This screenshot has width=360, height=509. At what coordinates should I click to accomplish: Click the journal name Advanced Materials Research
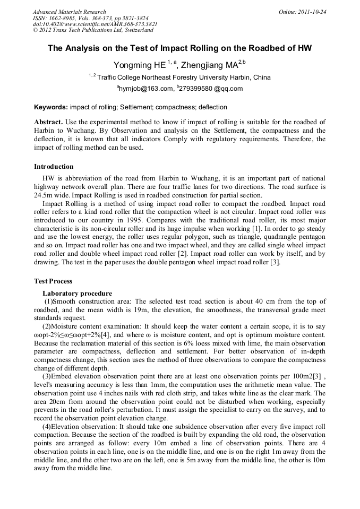click(x=69, y=12)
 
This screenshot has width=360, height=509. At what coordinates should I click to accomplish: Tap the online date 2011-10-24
click(x=311, y=12)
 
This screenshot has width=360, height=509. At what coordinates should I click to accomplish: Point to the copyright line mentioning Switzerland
click(x=93, y=30)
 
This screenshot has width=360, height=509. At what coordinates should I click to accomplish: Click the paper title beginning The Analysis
click(x=179, y=48)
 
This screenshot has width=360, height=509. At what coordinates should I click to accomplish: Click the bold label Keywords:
click(x=51, y=107)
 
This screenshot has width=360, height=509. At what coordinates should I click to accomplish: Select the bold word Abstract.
click(x=48, y=122)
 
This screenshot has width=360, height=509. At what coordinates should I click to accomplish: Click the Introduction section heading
click(x=54, y=167)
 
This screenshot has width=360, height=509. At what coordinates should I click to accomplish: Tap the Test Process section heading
click(x=53, y=281)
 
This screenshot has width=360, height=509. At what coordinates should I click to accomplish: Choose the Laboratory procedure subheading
click(x=77, y=294)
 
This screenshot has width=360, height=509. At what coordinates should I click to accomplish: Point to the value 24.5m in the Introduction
click(x=44, y=195)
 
